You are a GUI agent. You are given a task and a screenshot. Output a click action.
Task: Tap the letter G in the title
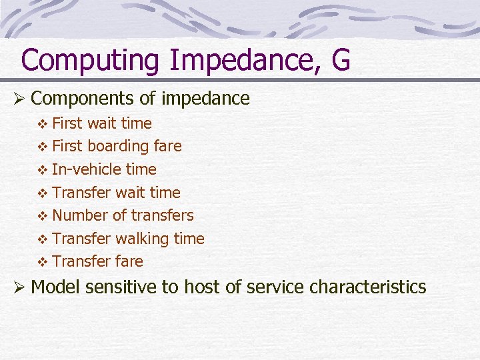339,59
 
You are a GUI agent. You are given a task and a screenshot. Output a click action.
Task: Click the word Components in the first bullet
83,99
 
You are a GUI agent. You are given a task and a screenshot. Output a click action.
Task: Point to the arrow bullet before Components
19,99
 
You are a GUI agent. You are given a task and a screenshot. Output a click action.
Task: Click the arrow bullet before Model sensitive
19,287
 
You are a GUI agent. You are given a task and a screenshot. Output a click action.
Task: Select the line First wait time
101,123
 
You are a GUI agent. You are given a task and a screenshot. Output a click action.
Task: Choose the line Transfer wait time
115,193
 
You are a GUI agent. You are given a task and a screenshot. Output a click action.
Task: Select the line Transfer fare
97,261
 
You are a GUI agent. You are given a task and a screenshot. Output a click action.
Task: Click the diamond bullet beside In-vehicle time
43,170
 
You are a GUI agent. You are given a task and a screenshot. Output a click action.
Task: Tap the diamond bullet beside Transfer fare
43,262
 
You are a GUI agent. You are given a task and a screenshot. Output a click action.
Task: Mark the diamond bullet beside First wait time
43,124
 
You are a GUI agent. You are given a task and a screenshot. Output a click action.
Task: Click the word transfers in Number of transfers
162,215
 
